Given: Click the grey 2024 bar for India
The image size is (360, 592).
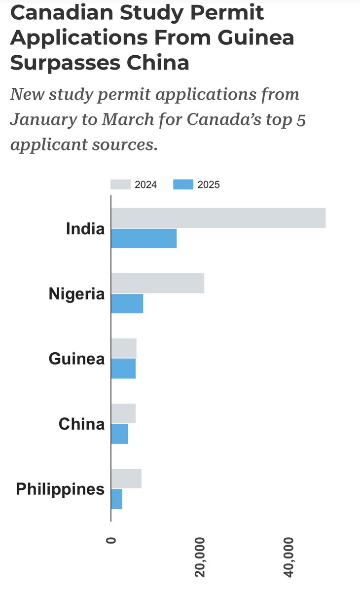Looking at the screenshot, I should (x=218, y=218).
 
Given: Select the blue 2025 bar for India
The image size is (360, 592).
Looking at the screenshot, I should (x=144, y=238).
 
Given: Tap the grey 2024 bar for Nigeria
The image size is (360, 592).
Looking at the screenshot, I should (x=157, y=283).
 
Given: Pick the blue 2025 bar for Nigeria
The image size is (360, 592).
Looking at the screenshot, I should (x=127, y=303).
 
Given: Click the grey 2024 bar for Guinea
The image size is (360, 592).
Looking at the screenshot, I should (x=124, y=348).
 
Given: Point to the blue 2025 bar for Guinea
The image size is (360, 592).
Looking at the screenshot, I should (x=123, y=369).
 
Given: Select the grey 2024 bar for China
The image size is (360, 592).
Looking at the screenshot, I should (x=123, y=413).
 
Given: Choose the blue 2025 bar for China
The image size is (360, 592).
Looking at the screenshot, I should (x=120, y=434).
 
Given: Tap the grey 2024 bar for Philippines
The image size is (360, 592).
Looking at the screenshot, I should (x=126, y=479).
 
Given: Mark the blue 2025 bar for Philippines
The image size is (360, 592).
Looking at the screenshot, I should (x=117, y=499).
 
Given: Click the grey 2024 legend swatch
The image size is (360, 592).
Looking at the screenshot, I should (x=120, y=185).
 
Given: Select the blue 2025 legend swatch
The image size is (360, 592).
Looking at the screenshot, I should (x=183, y=185).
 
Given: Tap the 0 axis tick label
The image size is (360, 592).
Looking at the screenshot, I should (x=111, y=540).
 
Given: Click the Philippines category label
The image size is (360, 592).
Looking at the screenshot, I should (x=60, y=489).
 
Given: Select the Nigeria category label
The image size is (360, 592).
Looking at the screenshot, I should (x=76, y=294).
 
